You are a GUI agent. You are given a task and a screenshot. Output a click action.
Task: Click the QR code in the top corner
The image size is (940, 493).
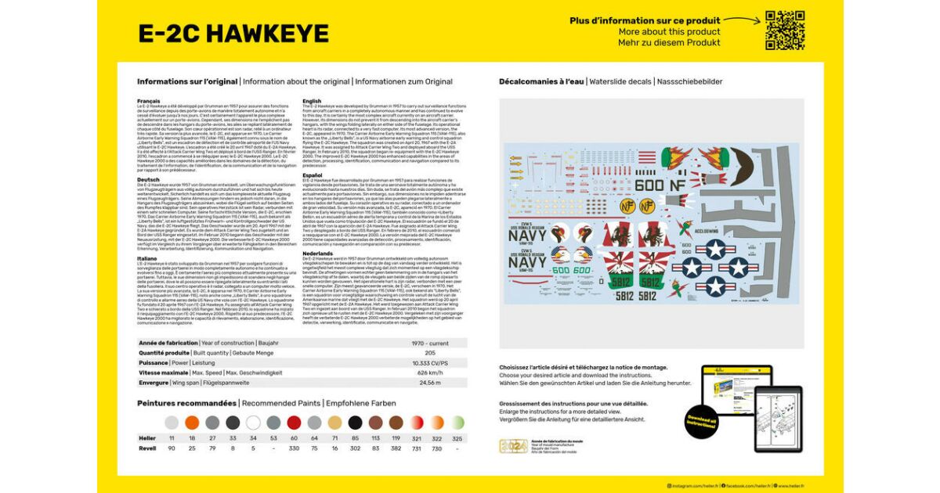(x=785, y=31)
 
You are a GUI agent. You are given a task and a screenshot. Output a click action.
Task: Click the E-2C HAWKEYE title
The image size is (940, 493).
(x=222, y=33)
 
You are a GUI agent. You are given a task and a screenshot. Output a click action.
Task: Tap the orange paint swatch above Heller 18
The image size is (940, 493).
(x=192, y=423)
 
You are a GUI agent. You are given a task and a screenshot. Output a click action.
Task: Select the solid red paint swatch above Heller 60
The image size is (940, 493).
(x=294, y=423)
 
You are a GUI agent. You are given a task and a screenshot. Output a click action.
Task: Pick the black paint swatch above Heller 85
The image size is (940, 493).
(x=355, y=423)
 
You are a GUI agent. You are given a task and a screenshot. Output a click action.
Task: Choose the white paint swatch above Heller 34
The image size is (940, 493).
(x=253, y=423)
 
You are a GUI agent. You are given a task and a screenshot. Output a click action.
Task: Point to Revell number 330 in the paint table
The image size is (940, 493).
(x=294, y=448)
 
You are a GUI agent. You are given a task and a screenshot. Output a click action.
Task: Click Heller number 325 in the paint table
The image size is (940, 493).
(x=457, y=438)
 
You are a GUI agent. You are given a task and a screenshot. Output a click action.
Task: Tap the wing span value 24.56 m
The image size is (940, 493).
(x=430, y=383)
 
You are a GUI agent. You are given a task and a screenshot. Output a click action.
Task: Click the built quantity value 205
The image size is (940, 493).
(x=430, y=353)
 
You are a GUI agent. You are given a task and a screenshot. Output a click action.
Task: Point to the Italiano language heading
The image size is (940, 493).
(x=149, y=257)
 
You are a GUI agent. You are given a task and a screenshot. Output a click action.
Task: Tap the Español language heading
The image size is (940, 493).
(x=313, y=175)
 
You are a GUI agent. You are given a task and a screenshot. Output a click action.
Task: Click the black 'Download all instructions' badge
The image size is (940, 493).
(x=701, y=423)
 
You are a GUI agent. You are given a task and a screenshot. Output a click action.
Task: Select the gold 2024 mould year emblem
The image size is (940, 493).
(x=513, y=447)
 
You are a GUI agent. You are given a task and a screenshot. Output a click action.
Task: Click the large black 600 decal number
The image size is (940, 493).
(x=649, y=185)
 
